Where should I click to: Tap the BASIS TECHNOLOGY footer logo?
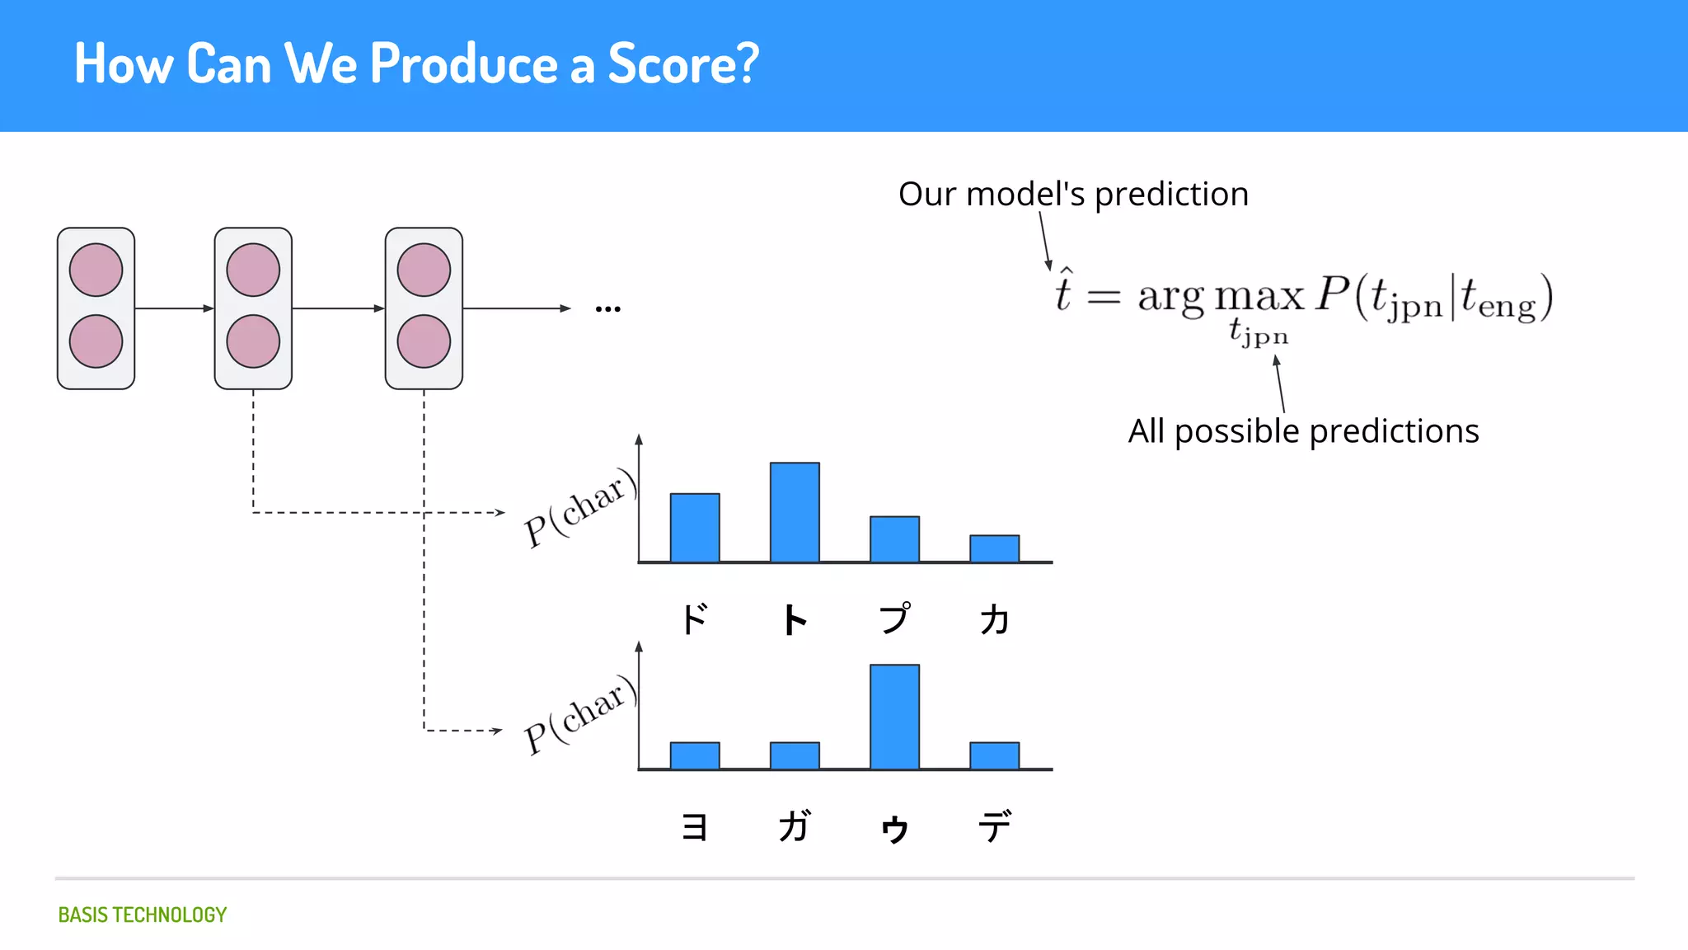click(x=142, y=915)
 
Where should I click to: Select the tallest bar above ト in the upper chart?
click(x=795, y=512)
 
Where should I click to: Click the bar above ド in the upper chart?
click(x=695, y=528)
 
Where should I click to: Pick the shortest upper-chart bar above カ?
click(x=994, y=548)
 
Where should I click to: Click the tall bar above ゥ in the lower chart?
click(x=894, y=717)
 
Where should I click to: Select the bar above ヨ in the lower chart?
click(x=695, y=755)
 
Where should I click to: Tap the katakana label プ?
click(x=894, y=618)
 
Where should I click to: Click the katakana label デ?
click(x=994, y=826)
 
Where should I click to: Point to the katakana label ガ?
click(x=795, y=826)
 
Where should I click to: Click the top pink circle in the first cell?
click(x=96, y=270)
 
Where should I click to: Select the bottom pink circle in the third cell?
click(x=424, y=341)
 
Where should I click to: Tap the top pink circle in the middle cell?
click(x=253, y=270)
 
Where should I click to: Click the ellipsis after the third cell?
click(x=607, y=309)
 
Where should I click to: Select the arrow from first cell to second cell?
click(x=174, y=308)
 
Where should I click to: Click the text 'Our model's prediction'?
click(x=1073, y=195)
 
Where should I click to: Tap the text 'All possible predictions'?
click(x=1303, y=431)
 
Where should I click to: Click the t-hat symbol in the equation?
click(x=1063, y=292)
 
